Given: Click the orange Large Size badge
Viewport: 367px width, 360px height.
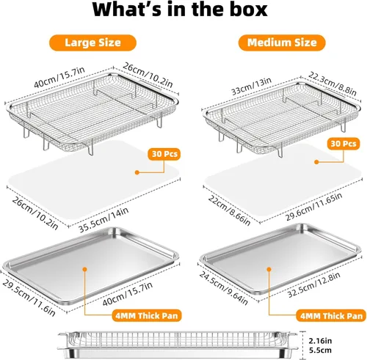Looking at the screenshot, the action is coord(92,43).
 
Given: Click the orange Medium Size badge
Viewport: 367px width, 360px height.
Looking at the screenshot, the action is coord(282,43).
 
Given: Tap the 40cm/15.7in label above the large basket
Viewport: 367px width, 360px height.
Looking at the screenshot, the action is coord(59,77).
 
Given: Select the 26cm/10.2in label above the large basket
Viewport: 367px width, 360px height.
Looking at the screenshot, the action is coord(148,75).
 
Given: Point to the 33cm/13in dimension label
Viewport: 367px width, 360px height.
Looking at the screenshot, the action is coord(251,86).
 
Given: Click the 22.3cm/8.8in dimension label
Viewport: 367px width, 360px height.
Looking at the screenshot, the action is coord(332,84).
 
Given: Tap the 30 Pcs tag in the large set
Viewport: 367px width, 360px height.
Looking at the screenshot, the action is coord(164,154).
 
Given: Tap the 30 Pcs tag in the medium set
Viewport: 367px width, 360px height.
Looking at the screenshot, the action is coord(344,144).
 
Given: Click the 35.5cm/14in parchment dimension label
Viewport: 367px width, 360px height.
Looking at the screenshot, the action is coord(103,220).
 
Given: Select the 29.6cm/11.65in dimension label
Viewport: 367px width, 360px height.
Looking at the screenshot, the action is coord(314,207).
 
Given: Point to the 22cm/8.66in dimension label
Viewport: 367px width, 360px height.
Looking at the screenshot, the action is coord(229,210).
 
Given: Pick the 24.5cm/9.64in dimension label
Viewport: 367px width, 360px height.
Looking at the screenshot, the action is coord(223,288).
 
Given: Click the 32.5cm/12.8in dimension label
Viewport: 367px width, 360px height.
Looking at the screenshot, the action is coord(314,284).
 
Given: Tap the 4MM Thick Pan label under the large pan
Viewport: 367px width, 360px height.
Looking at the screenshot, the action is coord(147,315).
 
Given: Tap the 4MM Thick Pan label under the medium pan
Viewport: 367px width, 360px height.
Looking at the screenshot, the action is coord(331,316).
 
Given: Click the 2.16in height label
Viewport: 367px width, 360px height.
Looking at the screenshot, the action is coord(320,340).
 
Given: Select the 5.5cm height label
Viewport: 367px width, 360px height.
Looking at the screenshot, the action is coord(320,350).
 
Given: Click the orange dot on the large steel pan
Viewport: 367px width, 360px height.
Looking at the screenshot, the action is coord(85,269).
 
